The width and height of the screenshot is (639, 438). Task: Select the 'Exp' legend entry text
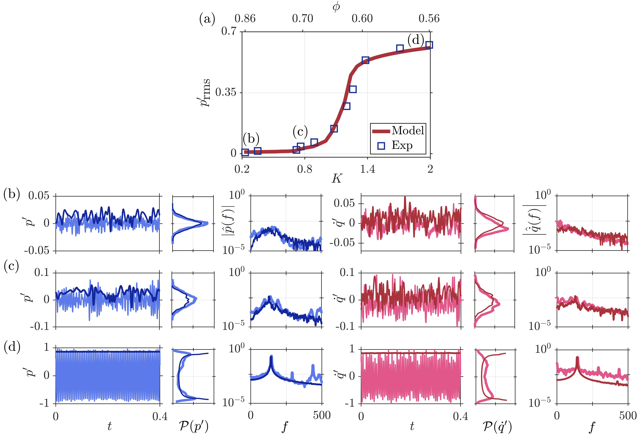click(x=402, y=145)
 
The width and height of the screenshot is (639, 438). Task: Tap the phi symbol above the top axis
click(x=336, y=7)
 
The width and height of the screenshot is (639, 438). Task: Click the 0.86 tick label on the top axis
click(x=245, y=19)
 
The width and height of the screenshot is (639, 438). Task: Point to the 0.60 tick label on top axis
click(x=362, y=19)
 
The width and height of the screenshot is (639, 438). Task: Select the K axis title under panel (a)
click(x=337, y=179)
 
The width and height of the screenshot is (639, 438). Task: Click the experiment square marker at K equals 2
click(x=429, y=45)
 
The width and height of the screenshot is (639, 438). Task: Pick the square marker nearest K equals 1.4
click(x=365, y=60)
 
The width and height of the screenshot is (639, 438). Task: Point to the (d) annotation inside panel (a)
click(x=415, y=40)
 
